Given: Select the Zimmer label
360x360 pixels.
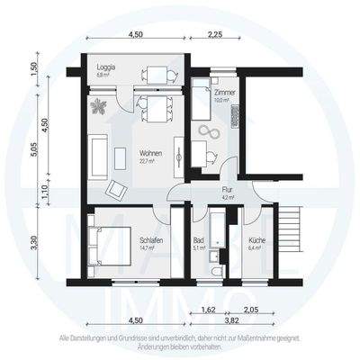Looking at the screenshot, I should coord(224,93).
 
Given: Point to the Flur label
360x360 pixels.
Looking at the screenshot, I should coord(228,191).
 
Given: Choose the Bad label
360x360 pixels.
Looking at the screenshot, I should coord(198,239).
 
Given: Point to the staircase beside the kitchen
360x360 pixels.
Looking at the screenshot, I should coord(287,229).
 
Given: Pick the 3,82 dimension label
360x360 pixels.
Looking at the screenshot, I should coord(231,319).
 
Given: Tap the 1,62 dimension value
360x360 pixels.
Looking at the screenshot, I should coord(207,309).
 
